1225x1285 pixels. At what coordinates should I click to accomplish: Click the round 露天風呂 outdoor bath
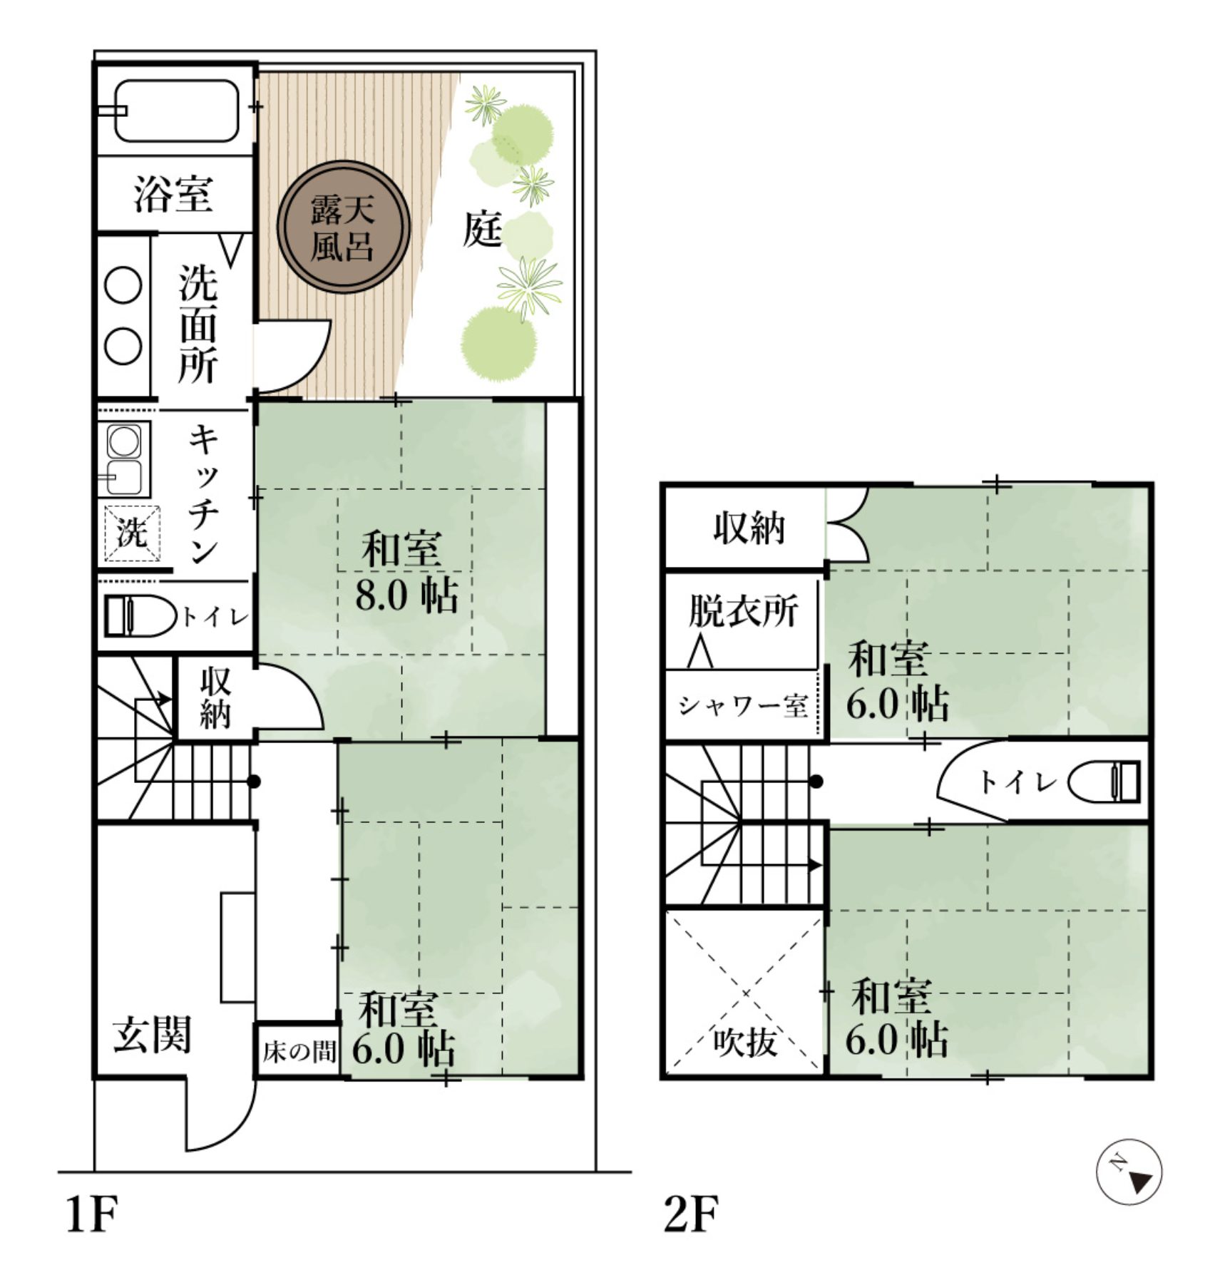tap(343, 227)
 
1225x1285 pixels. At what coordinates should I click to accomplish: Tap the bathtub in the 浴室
tap(176, 111)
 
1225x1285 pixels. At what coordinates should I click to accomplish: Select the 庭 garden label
tap(482, 229)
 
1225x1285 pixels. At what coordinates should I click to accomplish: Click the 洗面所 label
tap(198, 324)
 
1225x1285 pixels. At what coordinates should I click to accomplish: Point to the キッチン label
tap(203, 494)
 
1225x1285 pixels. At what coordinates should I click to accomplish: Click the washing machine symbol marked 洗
tap(132, 532)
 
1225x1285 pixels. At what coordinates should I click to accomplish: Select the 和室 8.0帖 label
tap(405, 571)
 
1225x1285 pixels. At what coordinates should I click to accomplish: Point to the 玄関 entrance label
tap(152, 1035)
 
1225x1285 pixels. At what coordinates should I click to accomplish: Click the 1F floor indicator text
tap(91, 1214)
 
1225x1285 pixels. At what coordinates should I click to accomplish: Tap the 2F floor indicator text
tap(690, 1214)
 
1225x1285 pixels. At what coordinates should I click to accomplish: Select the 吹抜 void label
tap(744, 1043)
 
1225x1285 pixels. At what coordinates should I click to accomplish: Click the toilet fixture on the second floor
tap(1104, 782)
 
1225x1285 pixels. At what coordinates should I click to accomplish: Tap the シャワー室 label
tap(742, 706)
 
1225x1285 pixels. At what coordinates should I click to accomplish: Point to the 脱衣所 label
tap(742, 611)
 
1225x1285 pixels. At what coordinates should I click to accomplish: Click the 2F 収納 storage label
tap(749, 528)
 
